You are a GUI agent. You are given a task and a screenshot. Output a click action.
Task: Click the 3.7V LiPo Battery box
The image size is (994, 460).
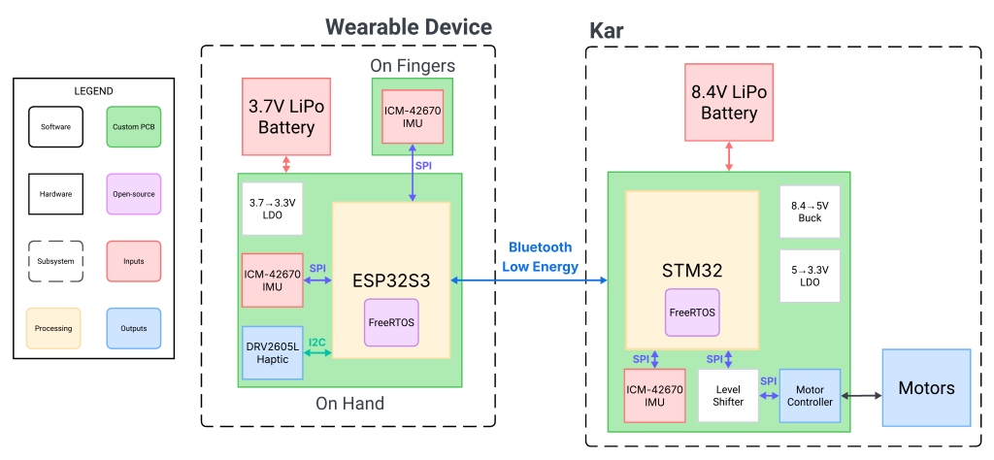click(x=286, y=116)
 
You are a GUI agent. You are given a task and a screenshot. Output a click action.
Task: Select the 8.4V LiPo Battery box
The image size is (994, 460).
click(x=729, y=102)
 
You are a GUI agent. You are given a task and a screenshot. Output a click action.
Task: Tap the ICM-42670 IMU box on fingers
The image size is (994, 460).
click(x=413, y=116)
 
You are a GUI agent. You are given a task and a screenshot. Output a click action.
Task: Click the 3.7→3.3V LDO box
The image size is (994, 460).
click(x=272, y=208)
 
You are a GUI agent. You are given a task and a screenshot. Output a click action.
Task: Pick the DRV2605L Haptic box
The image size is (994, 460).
click(x=272, y=353)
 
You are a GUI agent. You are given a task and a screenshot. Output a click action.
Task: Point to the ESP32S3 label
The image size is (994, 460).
click(x=391, y=280)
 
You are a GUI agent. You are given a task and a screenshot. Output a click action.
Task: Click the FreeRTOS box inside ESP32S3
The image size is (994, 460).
click(x=391, y=322)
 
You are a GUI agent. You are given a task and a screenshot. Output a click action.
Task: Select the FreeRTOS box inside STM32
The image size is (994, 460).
click(x=692, y=312)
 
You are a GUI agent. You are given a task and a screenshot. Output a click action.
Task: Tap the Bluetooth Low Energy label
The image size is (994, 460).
click(x=540, y=257)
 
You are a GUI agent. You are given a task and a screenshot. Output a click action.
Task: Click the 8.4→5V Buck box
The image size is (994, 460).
click(x=810, y=212)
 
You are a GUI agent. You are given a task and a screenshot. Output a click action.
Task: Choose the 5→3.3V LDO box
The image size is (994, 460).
click(x=810, y=276)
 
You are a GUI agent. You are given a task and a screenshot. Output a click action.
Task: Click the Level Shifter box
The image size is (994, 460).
click(x=727, y=395)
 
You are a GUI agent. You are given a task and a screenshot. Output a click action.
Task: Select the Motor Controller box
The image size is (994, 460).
click(x=810, y=395)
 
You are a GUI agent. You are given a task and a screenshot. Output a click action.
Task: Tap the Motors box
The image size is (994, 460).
click(x=926, y=388)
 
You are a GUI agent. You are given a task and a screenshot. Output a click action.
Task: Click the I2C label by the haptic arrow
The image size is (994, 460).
click(x=317, y=342)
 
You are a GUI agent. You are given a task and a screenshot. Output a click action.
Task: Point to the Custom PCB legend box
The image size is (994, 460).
click(x=133, y=127)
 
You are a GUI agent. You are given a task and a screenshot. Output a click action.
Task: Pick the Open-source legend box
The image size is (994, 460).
click(x=133, y=194)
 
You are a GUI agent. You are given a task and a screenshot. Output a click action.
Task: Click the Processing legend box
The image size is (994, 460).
click(x=53, y=328)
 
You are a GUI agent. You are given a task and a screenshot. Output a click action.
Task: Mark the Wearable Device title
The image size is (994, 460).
click(x=408, y=27)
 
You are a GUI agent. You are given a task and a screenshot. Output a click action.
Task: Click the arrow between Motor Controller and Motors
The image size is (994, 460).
click(x=861, y=396)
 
